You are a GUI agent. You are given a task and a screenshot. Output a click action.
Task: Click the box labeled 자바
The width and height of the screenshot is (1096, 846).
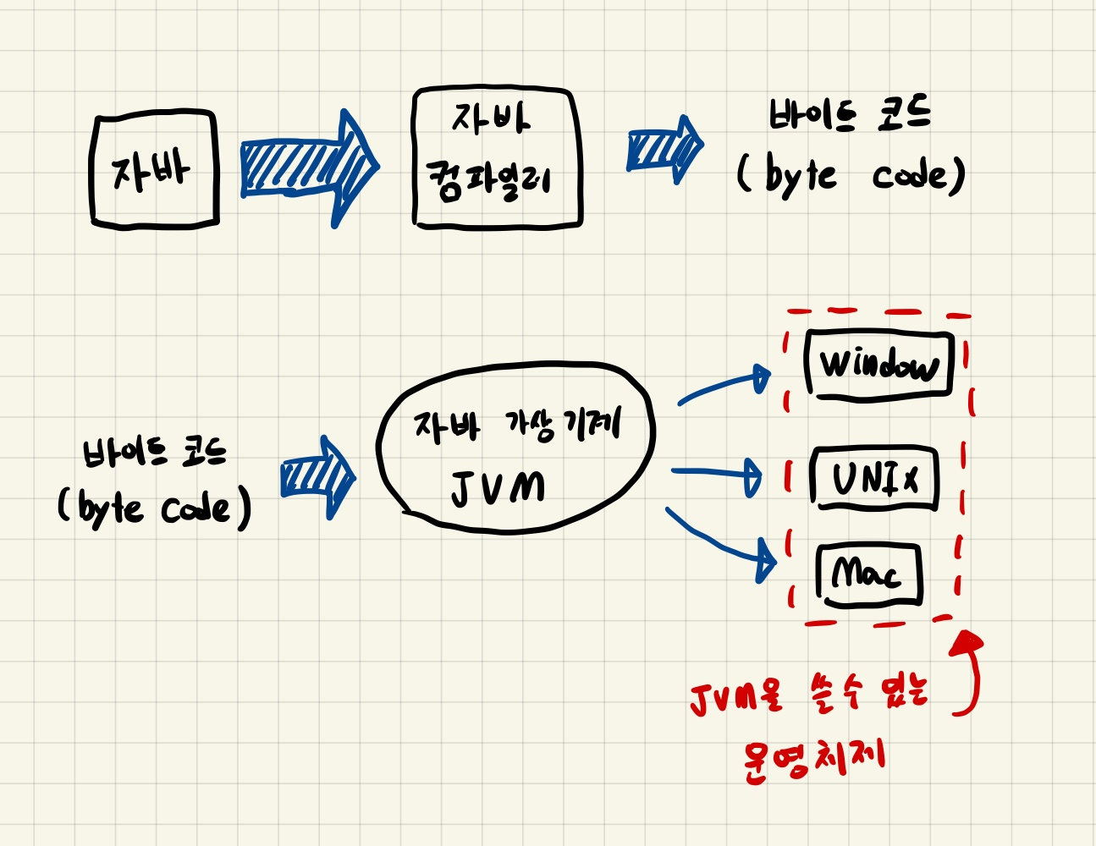154,170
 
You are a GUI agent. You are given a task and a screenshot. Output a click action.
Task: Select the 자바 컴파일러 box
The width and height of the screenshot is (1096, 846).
496,157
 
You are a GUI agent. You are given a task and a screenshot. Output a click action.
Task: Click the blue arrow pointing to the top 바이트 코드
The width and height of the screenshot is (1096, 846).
664,149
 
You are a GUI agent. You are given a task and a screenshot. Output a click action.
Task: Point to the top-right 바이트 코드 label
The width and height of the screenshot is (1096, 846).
848,115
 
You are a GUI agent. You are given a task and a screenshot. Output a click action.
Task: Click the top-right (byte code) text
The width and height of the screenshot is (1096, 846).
850,176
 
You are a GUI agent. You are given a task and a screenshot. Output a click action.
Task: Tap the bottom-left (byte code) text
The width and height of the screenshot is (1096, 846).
154,508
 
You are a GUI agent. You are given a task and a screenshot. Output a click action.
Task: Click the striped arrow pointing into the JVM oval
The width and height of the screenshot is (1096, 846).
317,478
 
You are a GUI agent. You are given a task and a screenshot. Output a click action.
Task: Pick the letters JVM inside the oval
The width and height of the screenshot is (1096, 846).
498,487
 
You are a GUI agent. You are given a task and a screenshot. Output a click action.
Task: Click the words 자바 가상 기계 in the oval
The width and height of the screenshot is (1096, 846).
517,425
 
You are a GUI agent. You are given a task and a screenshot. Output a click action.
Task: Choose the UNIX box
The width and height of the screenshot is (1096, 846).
874,479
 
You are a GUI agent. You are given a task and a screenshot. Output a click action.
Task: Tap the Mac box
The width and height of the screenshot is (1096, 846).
868,574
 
